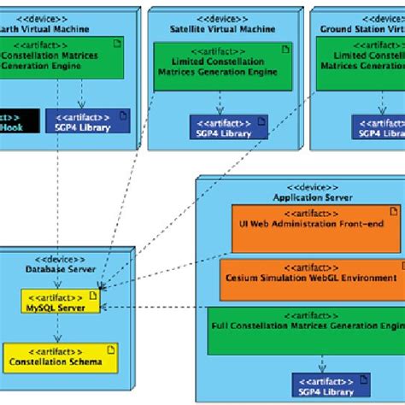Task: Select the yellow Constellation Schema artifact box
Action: point(60,355)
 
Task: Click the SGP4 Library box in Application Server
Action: point(331,384)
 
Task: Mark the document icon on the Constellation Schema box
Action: point(111,348)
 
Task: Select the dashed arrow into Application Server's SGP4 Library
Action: point(323,362)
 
